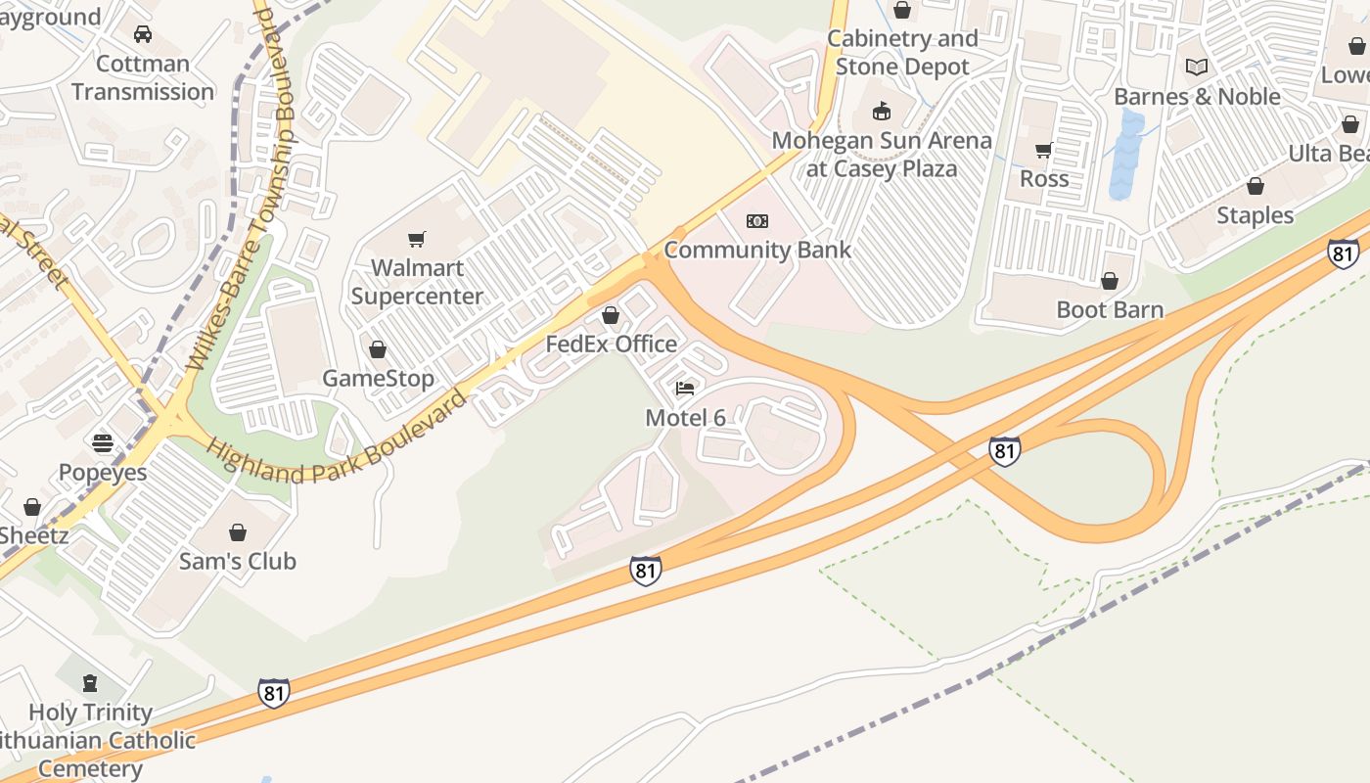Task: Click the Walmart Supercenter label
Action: coord(417,282)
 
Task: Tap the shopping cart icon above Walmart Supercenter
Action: coord(417,239)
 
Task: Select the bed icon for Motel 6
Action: coord(685,389)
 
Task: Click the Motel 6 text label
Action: coord(685,418)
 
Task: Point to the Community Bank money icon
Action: coord(757,221)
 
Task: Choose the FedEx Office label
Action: coord(611,344)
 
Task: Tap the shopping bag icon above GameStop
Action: coord(378,349)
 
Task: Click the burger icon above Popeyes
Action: coord(103,442)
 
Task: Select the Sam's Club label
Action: coord(237,562)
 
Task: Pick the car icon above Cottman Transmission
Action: coord(143,34)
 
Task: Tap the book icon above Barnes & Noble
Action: coord(1197,67)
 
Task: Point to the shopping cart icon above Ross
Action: coord(1044,150)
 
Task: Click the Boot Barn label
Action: coord(1110,310)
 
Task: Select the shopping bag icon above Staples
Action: coord(1256,186)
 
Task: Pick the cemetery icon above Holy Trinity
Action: coord(90,682)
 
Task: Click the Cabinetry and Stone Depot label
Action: coord(902,53)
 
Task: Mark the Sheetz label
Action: coord(33,535)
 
